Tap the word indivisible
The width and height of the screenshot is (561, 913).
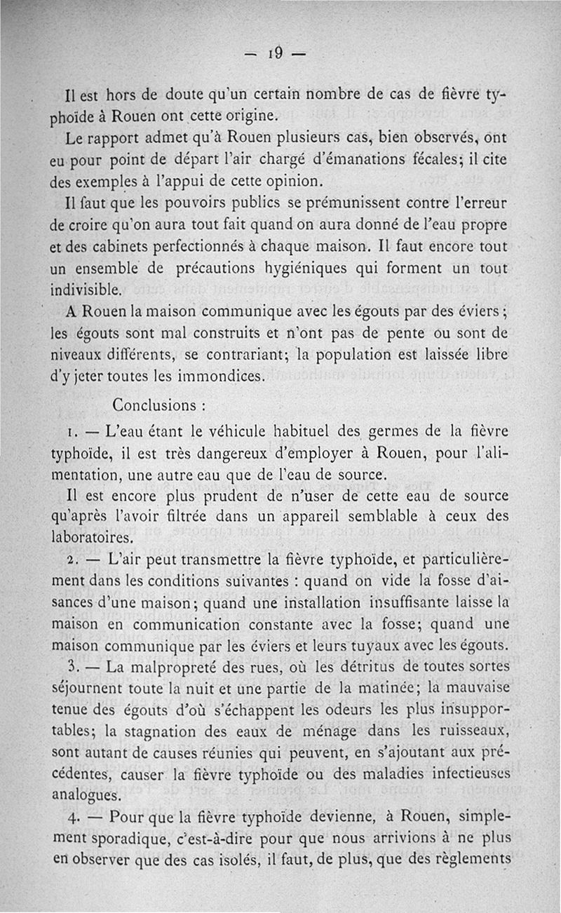88,288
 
